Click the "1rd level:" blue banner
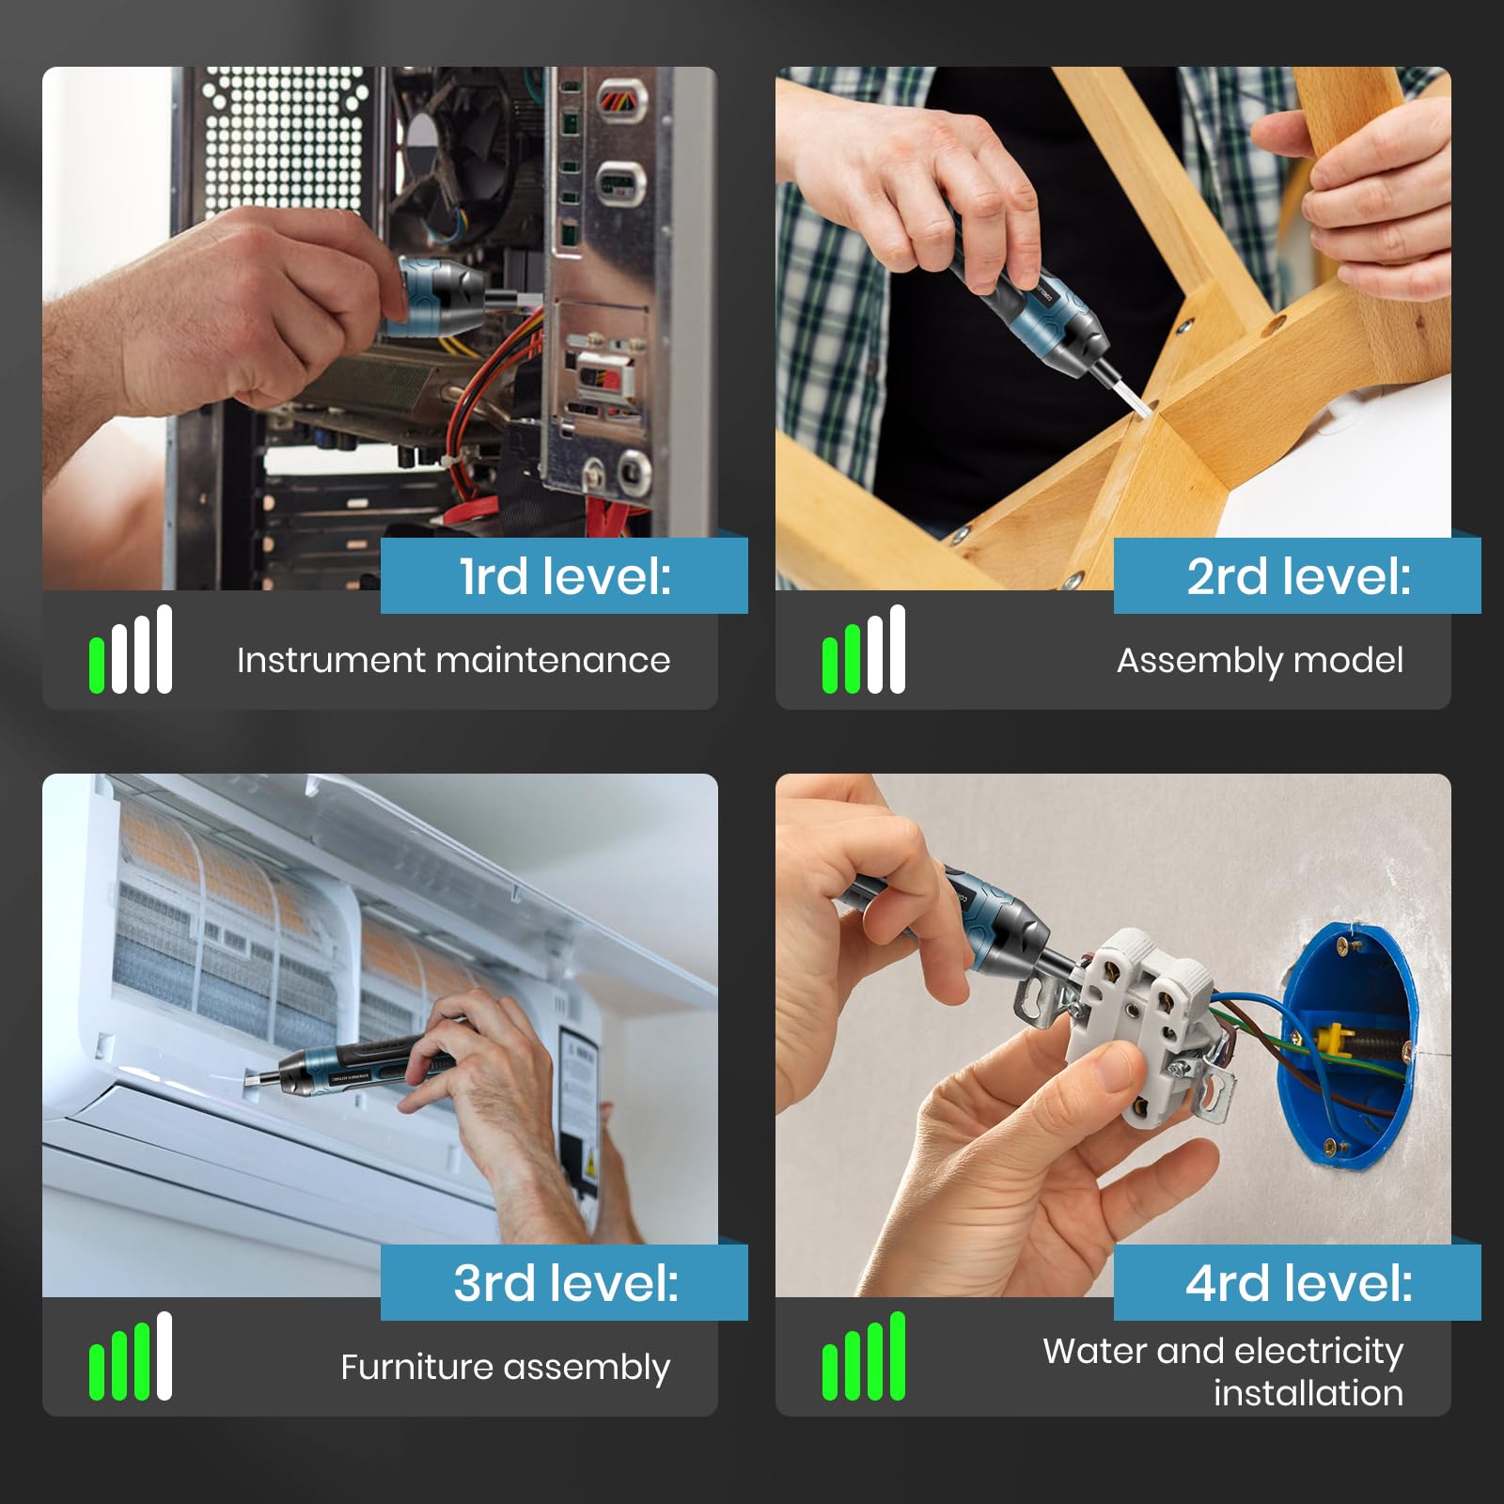point(564,575)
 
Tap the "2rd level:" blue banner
point(1297,575)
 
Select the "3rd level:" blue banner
point(564,1282)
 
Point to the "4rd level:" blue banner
point(1297,1282)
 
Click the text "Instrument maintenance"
point(454,660)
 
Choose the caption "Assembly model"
point(1260,661)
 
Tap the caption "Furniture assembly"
point(506,1368)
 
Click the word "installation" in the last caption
point(1308,1393)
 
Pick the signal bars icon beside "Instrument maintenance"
point(131,650)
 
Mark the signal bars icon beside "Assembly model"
point(864,650)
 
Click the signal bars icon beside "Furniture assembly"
point(131,1356)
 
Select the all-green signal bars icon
point(864,1356)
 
